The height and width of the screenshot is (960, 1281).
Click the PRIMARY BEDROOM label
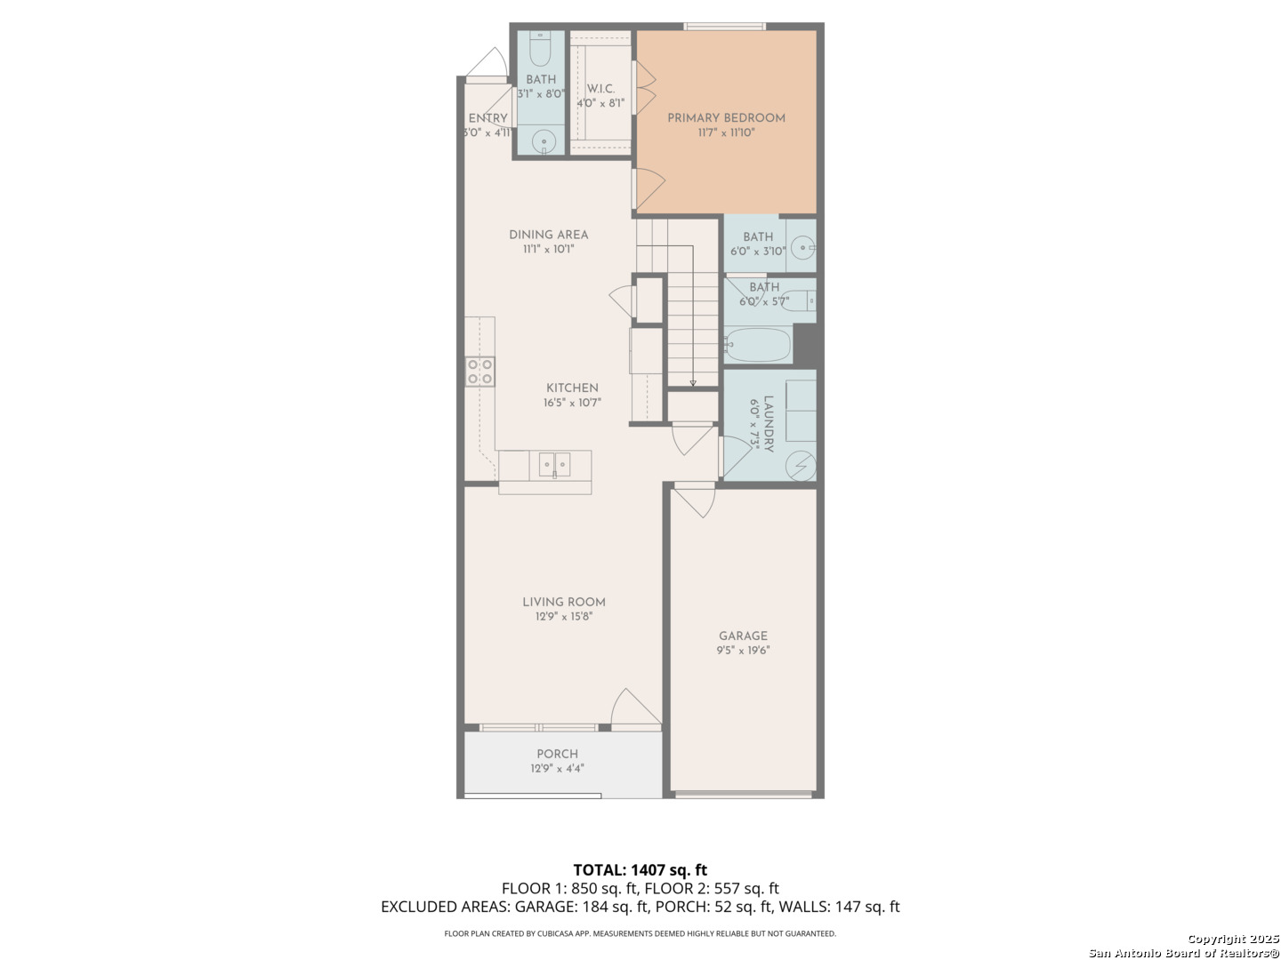coord(726,117)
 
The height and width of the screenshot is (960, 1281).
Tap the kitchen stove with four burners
coord(479,372)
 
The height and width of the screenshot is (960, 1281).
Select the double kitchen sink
coord(554,465)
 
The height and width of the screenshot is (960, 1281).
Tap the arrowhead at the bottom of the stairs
coord(693,383)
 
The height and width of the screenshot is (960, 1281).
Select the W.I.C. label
coord(600,89)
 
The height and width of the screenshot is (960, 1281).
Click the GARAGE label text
coord(743,636)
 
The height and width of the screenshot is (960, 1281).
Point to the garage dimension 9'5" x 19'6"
coord(743,651)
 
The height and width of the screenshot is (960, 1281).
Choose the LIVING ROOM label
coord(564,602)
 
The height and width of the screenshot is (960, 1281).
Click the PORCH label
coord(558,754)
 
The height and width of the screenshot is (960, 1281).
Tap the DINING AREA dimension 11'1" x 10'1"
coord(549,250)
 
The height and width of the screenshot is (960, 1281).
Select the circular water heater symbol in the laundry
coord(801,466)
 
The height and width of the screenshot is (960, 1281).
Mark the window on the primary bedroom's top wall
coord(724,27)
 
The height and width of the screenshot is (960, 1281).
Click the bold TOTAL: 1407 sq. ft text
coord(640,870)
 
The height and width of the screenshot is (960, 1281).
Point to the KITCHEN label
coord(572,388)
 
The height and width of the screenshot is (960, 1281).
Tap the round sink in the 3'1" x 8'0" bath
coord(544,141)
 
